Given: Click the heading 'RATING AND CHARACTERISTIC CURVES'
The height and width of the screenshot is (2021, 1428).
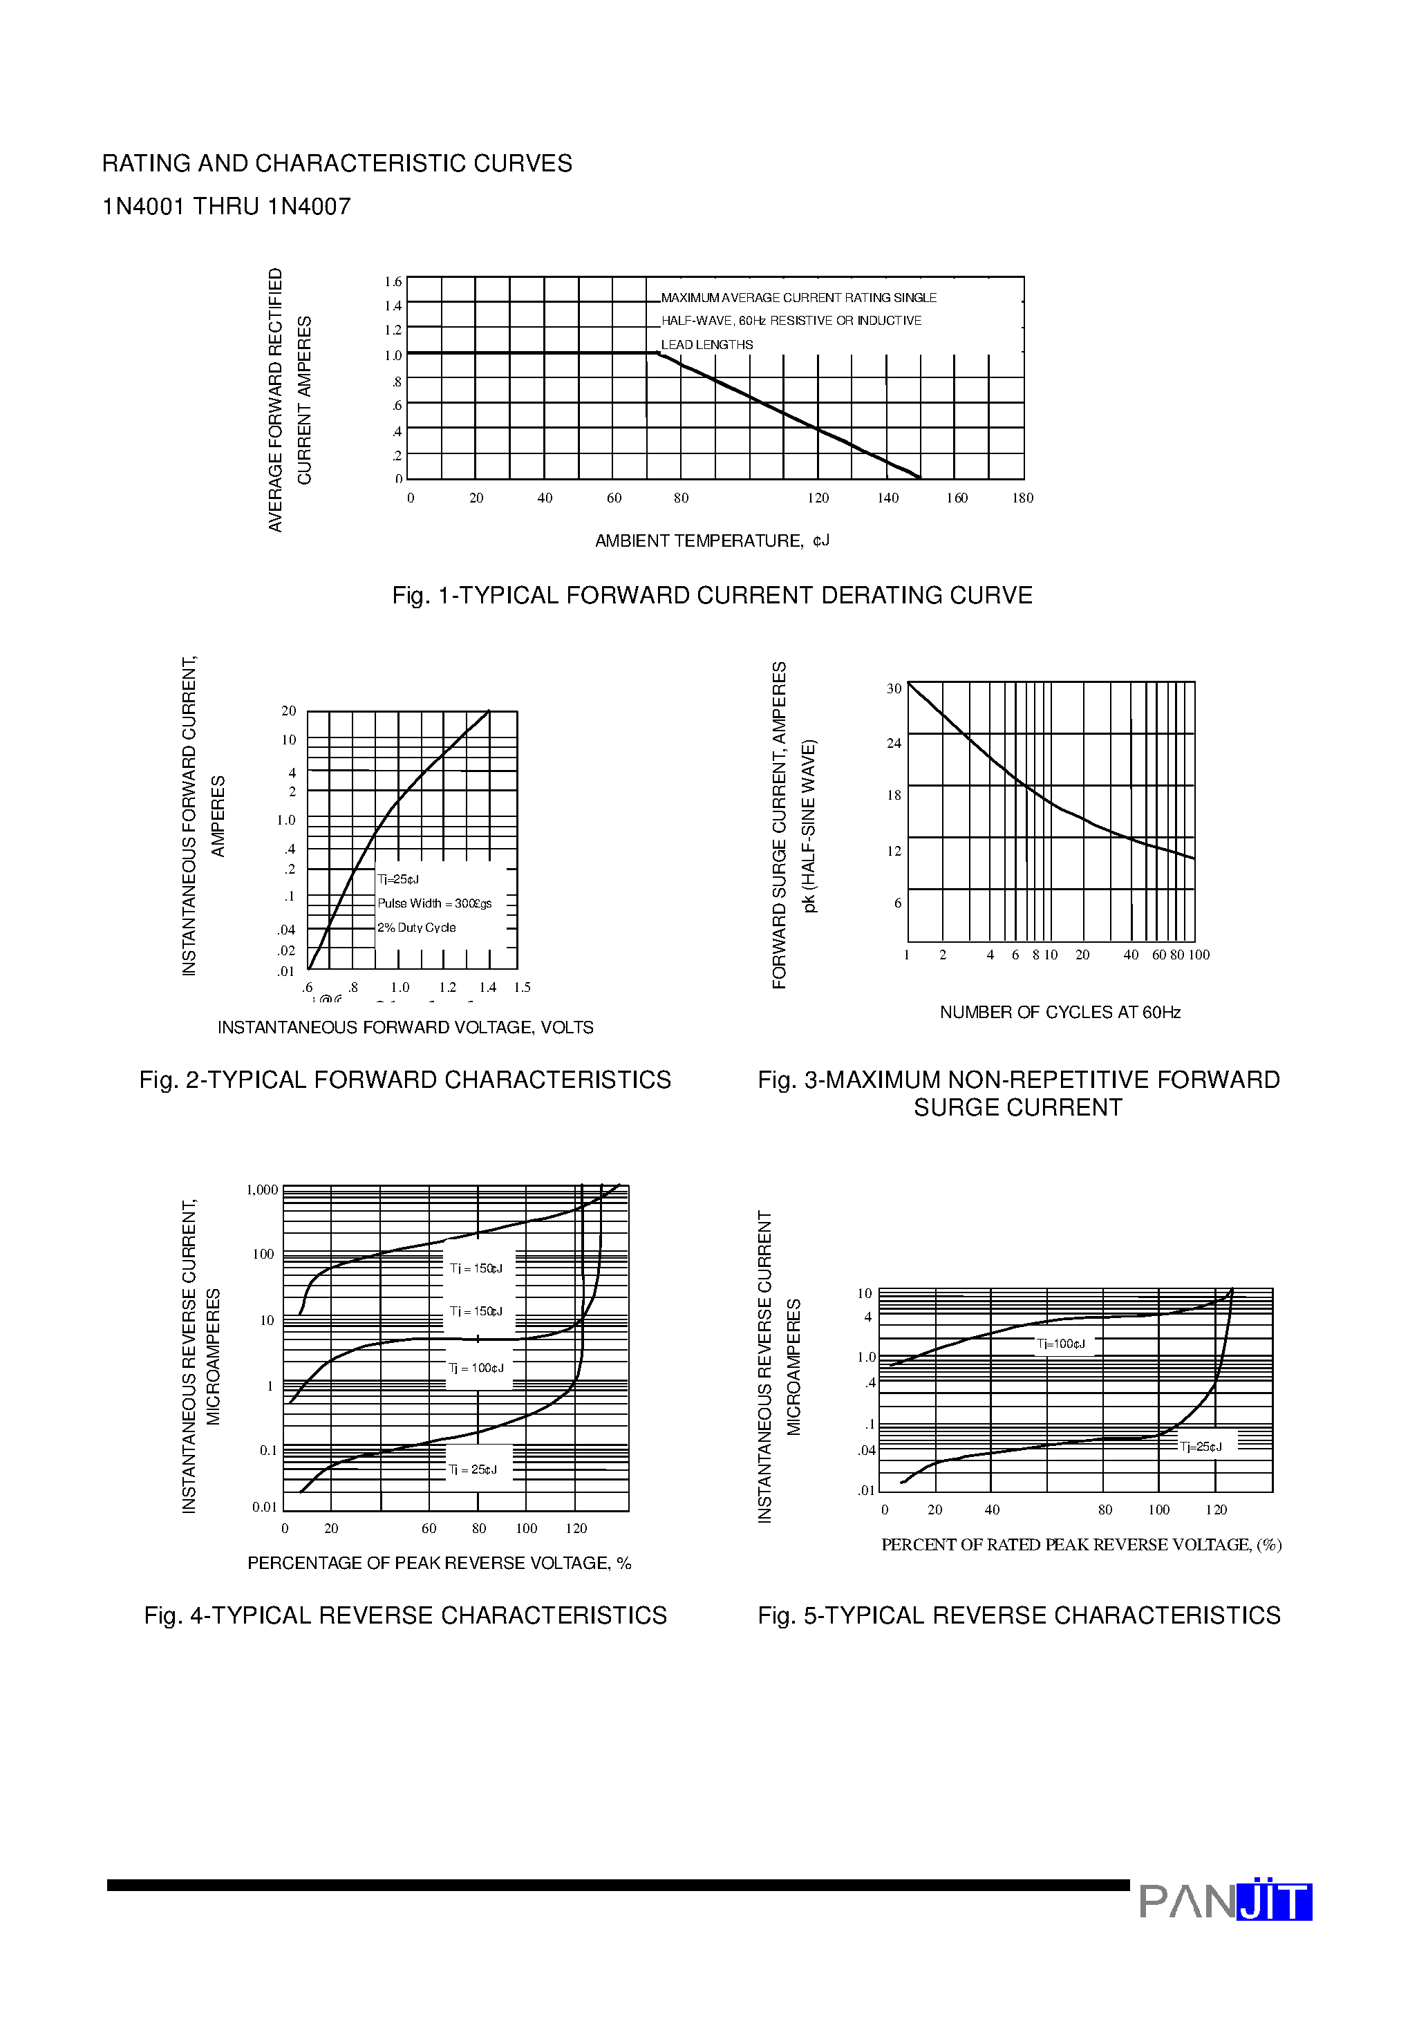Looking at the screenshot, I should tap(337, 164).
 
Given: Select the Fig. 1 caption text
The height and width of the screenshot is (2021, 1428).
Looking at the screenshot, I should tap(711, 596).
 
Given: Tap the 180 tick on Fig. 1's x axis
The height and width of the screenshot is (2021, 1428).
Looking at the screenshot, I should tap(1022, 498).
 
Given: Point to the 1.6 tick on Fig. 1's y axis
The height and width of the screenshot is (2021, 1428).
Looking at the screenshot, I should tap(393, 282).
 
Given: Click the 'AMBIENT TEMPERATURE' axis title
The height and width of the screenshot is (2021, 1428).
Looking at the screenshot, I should tap(711, 541).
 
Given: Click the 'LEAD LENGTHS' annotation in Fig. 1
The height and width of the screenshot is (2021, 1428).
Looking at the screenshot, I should tap(707, 345).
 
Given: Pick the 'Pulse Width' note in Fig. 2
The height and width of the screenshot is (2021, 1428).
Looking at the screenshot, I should tap(434, 903).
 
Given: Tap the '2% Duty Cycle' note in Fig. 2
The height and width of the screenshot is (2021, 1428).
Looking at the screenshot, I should tap(416, 928).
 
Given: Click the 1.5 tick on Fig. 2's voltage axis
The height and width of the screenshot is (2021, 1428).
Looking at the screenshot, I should tap(522, 988).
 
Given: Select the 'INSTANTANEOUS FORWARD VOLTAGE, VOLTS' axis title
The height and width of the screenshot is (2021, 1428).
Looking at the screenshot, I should tap(405, 1027).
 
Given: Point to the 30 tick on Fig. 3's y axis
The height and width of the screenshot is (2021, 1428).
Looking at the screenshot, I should tap(894, 688).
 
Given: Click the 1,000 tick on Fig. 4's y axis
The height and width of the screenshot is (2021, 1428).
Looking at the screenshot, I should tap(261, 1190).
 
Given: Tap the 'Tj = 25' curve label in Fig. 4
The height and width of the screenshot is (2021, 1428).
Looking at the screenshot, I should tap(473, 1469).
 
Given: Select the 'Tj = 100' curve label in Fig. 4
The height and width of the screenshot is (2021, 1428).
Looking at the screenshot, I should tap(476, 1368).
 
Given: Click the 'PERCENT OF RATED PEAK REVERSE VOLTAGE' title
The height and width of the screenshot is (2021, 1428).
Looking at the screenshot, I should tap(1080, 1545).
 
